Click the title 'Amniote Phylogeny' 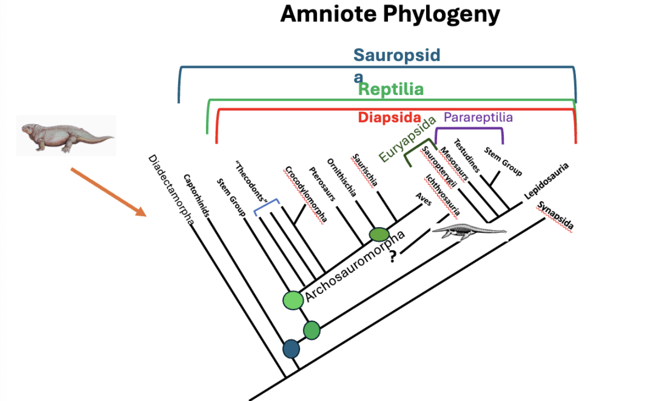click(390, 14)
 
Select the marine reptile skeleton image click(469, 233)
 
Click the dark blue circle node click(291, 348)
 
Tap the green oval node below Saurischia click(379, 234)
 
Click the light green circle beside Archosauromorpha click(293, 300)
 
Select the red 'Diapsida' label click(389, 117)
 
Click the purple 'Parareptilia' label click(478, 117)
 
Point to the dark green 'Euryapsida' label click(408, 139)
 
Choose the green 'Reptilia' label click(391, 89)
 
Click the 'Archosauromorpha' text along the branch click(355, 266)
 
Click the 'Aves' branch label click(424, 202)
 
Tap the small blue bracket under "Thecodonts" click(267, 207)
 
